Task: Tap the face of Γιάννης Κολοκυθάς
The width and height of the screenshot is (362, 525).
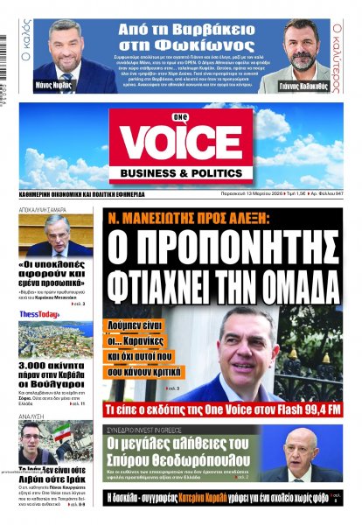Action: point(299,45)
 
